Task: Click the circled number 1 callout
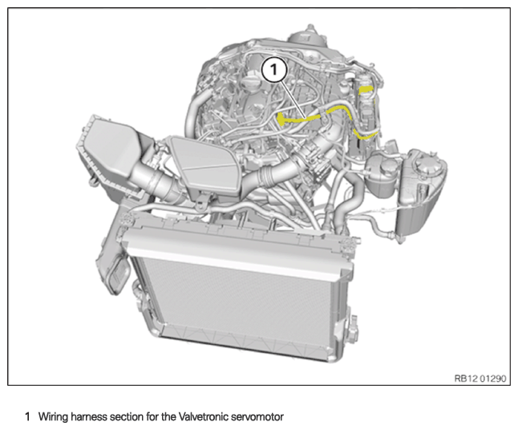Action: tap(275, 71)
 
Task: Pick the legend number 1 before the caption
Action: tap(27, 416)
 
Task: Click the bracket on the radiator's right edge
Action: tap(350, 329)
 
